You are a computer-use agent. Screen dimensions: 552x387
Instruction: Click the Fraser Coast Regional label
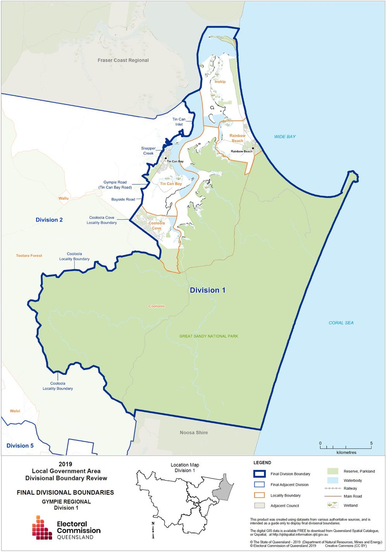pos(123,60)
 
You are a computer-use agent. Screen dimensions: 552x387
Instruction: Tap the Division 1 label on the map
pos(207,290)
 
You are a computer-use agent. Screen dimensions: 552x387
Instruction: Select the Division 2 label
pos(49,220)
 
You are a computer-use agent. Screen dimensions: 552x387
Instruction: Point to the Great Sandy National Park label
pos(209,336)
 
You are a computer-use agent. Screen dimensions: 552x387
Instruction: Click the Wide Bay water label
pos(285,137)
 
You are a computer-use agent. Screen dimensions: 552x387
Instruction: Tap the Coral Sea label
pos(341,323)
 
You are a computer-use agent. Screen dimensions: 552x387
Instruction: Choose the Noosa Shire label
pos(193,433)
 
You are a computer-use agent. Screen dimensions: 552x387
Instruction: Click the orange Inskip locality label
pos(220,82)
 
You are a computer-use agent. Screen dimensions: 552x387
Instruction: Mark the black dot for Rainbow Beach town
pos(253,148)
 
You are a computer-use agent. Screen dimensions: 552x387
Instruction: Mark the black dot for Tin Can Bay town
pos(166,158)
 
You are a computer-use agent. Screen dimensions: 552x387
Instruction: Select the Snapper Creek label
pos(148,151)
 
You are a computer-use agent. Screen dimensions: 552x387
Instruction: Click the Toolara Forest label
pos(29,256)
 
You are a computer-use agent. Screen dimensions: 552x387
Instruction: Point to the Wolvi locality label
pos(15,411)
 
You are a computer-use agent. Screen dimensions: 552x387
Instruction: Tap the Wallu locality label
pos(63,198)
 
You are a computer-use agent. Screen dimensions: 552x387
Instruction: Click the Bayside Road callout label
pos(123,199)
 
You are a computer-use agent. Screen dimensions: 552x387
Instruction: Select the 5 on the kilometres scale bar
pos(371,443)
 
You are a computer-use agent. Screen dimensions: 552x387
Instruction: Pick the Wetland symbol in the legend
pos(332,505)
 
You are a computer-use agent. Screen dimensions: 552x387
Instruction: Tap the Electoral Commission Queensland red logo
pos(42,528)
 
